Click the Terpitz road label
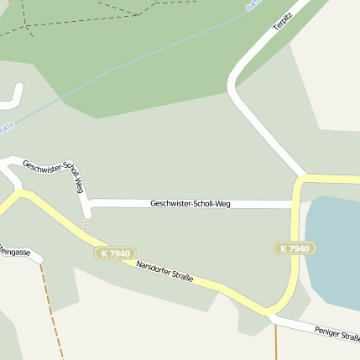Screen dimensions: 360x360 [281, 21]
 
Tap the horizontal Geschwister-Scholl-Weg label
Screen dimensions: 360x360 [190, 204]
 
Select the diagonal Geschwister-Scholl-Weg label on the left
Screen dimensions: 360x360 [53, 171]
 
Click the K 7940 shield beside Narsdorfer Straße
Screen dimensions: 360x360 [113, 253]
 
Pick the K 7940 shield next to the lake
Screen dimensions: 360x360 [294, 248]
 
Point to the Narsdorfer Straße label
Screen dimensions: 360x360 [164, 271]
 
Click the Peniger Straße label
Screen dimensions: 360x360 [337, 334]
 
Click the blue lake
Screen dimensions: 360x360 [336, 252]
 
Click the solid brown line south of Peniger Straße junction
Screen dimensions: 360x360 [275, 340]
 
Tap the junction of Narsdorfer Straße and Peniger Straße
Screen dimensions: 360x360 [270, 315]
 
